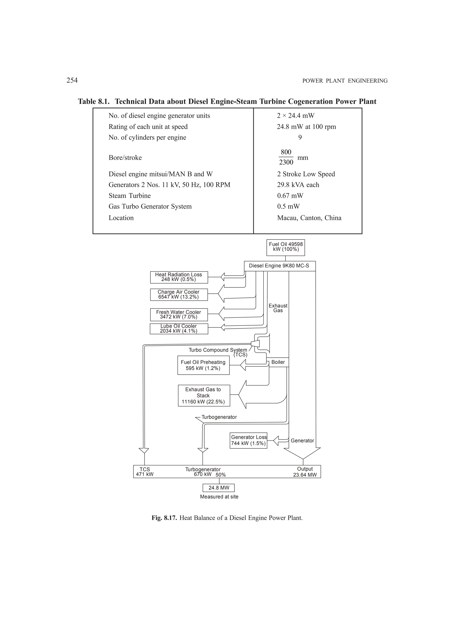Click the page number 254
(x=72, y=81)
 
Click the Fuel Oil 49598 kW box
(x=285, y=247)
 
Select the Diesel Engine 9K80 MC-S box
(x=279, y=266)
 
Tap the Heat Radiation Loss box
(x=179, y=277)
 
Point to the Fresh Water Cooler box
(x=179, y=315)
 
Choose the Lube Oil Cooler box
(x=179, y=329)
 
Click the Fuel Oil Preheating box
(x=203, y=365)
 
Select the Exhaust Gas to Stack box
(x=204, y=396)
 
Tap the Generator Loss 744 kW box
(x=248, y=440)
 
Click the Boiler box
(x=278, y=362)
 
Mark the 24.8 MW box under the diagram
(x=219, y=488)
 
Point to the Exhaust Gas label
(x=278, y=308)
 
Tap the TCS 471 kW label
(x=145, y=472)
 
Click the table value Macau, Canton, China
(x=309, y=218)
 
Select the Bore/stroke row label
(x=125, y=158)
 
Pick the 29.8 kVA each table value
(x=298, y=185)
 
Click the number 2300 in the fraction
(x=286, y=162)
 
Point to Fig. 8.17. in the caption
(x=164, y=518)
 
